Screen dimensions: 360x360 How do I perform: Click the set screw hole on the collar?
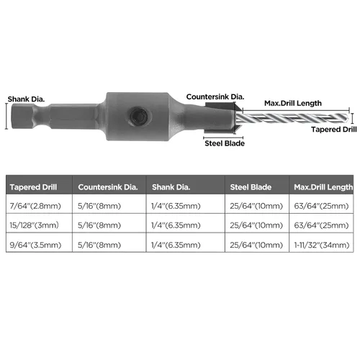tap(138, 116)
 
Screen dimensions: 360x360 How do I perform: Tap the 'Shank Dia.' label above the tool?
tap(26, 99)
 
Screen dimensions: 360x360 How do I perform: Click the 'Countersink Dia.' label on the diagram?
tap(215, 97)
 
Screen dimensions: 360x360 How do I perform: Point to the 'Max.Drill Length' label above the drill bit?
tap(293, 103)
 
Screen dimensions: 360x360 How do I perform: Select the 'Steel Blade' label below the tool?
tap(225, 143)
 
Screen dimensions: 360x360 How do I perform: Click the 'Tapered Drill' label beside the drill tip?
tap(334, 130)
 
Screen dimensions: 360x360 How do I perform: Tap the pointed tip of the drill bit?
tap(348, 118)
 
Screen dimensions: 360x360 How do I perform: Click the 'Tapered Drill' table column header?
tap(33, 187)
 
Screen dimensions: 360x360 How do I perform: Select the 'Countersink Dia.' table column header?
tap(108, 187)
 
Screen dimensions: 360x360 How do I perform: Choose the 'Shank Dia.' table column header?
tap(171, 187)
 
